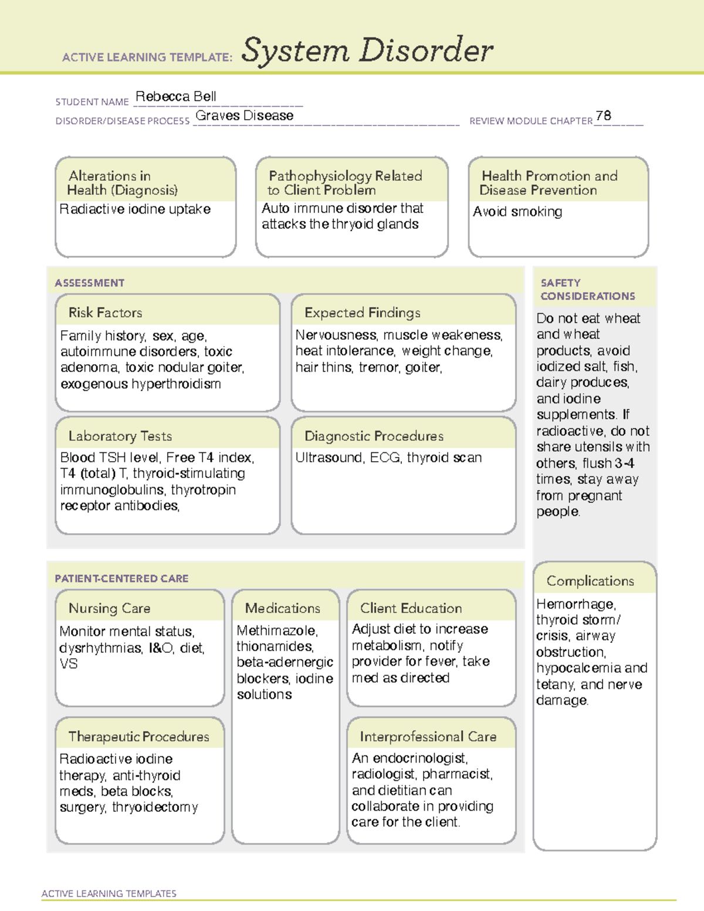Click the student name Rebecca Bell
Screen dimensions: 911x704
pyautogui.click(x=175, y=97)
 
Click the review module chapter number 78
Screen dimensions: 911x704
pyautogui.click(x=603, y=116)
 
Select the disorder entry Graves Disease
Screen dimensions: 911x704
pyautogui.click(x=244, y=116)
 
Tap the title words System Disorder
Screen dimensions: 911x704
pyautogui.click(x=367, y=50)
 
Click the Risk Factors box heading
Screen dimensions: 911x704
pyautogui.click(x=105, y=313)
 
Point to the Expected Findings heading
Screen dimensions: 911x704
pyautogui.click(x=362, y=313)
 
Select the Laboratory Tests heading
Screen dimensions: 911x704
pyautogui.click(x=120, y=436)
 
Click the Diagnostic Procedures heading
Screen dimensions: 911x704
pyautogui.click(x=374, y=436)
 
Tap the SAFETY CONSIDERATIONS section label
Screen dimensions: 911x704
pyautogui.click(x=587, y=290)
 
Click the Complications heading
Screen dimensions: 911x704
pyautogui.click(x=590, y=581)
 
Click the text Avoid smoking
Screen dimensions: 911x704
pyautogui.click(x=517, y=212)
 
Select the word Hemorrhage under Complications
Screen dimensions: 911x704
pyautogui.click(x=575, y=604)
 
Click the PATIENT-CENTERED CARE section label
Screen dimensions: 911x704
pyautogui.click(x=121, y=579)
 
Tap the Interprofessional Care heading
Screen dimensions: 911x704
pyautogui.click(x=428, y=737)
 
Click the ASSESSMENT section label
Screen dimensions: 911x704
pyautogui.click(x=89, y=283)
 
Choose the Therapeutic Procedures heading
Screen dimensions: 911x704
pyautogui.click(x=138, y=737)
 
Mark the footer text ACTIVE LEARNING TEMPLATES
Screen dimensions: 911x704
pyautogui.click(x=109, y=893)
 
